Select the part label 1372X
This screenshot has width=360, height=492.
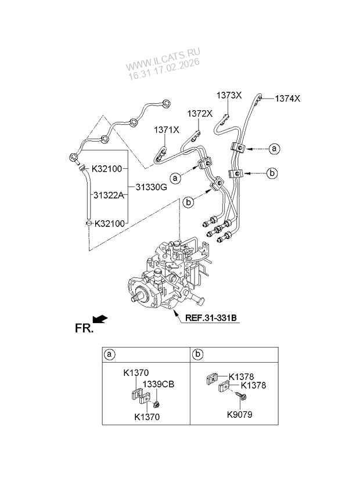coord(200,114)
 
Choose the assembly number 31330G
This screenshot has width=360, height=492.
coord(151,187)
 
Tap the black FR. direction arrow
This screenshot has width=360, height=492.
coord(100,318)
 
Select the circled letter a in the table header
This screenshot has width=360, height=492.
coord(108,354)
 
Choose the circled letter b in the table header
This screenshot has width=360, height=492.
coord(198,354)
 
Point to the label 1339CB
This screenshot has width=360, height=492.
coord(159,384)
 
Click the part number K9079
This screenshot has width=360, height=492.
coord(239,415)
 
